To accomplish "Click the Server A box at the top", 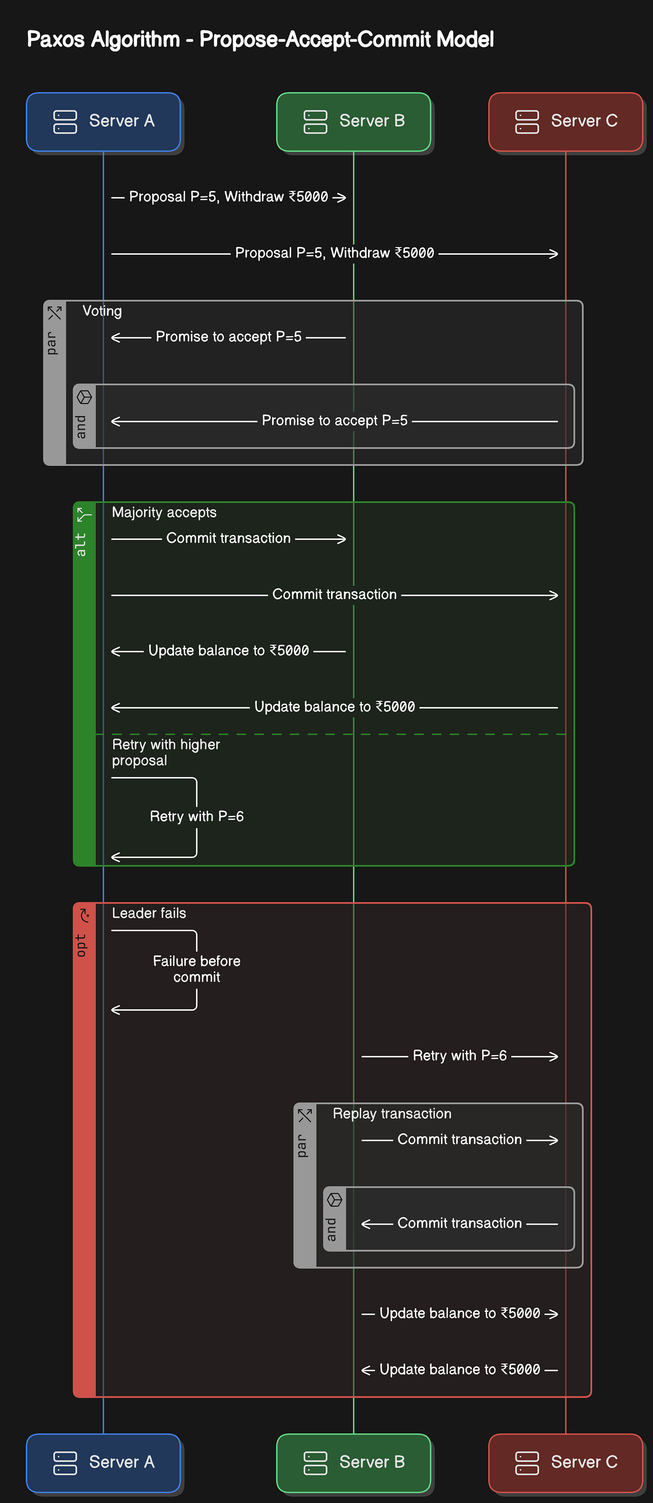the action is point(103,122).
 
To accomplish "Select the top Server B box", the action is point(354,122).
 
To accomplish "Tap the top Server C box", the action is point(566,122).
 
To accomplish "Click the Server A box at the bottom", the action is point(103,1462).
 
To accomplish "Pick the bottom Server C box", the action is point(566,1462).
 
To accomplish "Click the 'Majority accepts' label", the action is point(164,512).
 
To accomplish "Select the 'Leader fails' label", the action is point(149,913).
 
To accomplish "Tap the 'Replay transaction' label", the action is point(392,1114).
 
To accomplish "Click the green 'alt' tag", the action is point(81,544).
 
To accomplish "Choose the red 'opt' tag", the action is point(81,945).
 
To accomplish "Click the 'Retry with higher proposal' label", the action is point(166,753).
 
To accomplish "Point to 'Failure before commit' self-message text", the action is point(196,969).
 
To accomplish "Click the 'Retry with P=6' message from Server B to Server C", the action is point(460,1056).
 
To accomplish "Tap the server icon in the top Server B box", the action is point(315,122).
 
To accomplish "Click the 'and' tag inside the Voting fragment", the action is point(81,426).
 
